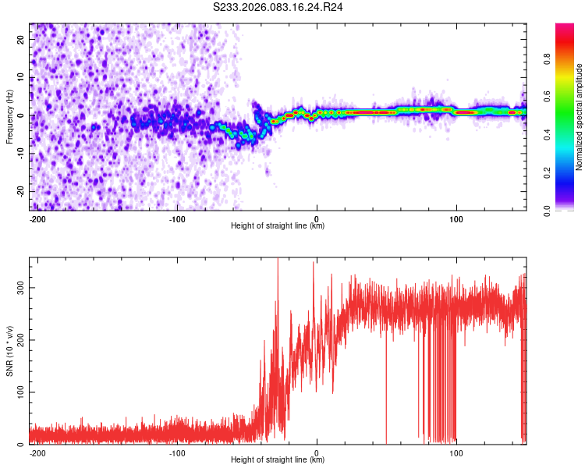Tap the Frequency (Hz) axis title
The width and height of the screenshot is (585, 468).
pos(9,116)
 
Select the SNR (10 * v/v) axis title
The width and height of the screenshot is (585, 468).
pos(9,350)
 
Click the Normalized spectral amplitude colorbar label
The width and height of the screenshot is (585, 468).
pos(580,116)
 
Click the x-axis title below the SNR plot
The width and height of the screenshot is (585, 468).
pos(278,460)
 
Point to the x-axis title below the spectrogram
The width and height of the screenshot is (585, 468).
pos(278,226)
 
